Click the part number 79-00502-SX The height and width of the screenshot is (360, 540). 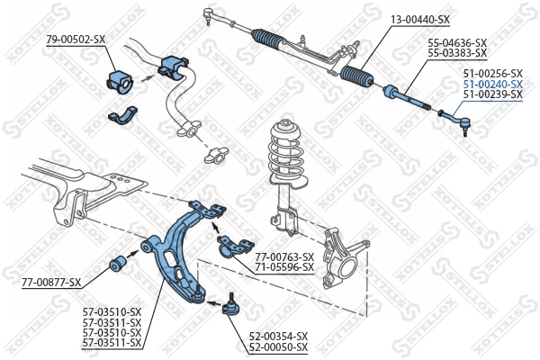pos(75,39)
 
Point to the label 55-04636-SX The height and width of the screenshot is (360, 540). pos(456,42)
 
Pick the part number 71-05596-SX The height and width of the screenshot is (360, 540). pos(284,267)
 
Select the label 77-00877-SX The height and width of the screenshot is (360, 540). pos(50,283)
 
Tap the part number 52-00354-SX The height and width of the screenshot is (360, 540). pos(278,336)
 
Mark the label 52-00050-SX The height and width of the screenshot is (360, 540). pos(278,346)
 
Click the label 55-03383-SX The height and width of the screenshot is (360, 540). pos(456,53)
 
